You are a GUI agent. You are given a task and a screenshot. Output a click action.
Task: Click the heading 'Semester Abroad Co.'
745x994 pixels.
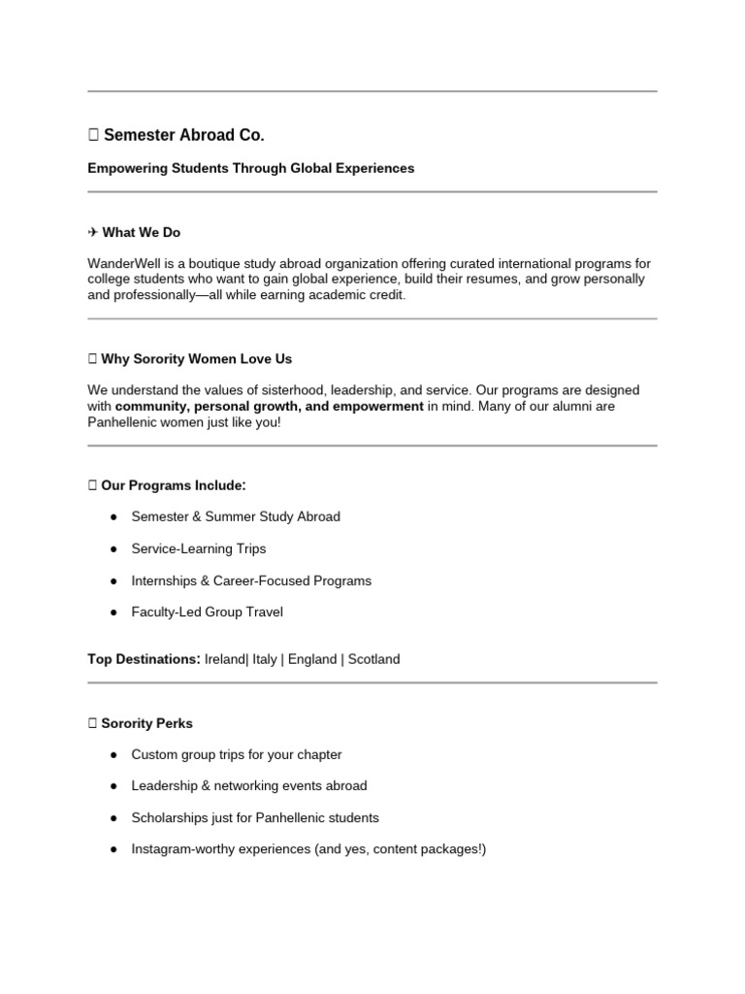pyautogui.click(x=183, y=135)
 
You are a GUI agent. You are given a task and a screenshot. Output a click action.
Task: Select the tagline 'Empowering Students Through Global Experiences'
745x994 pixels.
pyautogui.click(x=250, y=168)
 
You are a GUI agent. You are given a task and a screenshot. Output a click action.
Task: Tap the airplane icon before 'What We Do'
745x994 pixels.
pyautogui.click(x=92, y=233)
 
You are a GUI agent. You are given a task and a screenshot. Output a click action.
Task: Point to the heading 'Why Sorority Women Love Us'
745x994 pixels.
pyautogui.click(x=196, y=359)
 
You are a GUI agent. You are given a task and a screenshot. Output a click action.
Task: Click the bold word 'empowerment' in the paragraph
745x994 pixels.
pyautogui.click(x=377, y=406)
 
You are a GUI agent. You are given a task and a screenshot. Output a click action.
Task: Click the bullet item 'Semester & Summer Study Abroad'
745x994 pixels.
pyautogui.click(x=236, y=516)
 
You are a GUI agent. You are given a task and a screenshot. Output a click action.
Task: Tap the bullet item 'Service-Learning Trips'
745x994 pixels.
pyautogui.click(x=199, y=548)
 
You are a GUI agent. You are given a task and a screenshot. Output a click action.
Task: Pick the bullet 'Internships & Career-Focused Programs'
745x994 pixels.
pyautogui.click(x=251, y=580)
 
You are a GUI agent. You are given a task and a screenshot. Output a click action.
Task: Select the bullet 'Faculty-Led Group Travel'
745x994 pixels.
pyautogui.click(x=208, y=613)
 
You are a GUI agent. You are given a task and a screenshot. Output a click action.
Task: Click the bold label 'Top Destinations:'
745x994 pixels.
pyautogui.click(x=144, y=659)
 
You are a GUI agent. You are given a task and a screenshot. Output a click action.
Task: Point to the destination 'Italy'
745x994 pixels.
pyautogui.click(x=264, y=659)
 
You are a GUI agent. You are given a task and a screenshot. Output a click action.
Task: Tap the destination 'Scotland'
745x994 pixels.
pyautogui.click(x=373, y=659)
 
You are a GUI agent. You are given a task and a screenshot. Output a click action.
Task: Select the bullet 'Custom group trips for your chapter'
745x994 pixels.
pyautogui.click(x=237, y=754)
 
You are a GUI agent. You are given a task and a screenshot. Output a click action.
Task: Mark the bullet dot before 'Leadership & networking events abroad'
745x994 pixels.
pyautogui.click(x=113, y=786)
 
